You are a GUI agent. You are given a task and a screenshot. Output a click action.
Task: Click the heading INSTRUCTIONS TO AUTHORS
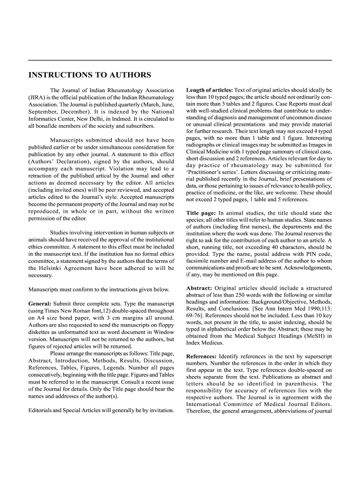tap(90, 75)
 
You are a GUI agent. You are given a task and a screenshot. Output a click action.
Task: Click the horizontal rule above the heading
tap(180, 60)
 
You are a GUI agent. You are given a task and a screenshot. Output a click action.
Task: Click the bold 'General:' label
tap(40, 304)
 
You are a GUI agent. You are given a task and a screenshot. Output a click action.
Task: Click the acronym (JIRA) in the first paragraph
tap(37, 97)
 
